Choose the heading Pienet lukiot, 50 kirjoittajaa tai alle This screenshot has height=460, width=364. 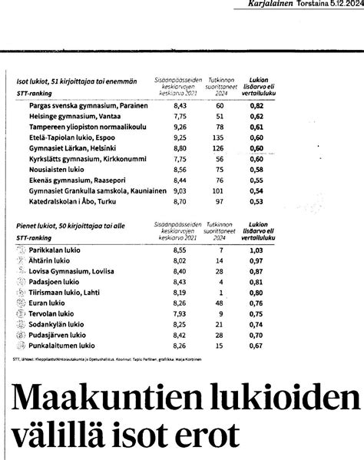[x=74, y=228]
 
